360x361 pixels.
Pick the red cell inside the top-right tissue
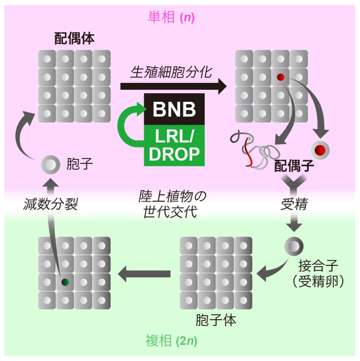[x=280, y=77]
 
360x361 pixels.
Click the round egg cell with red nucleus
[x=319, y=149]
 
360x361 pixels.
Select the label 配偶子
[x=294, y=166]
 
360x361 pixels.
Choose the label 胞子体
[x=215, y=319]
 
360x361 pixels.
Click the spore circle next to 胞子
[x=49, y=164]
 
